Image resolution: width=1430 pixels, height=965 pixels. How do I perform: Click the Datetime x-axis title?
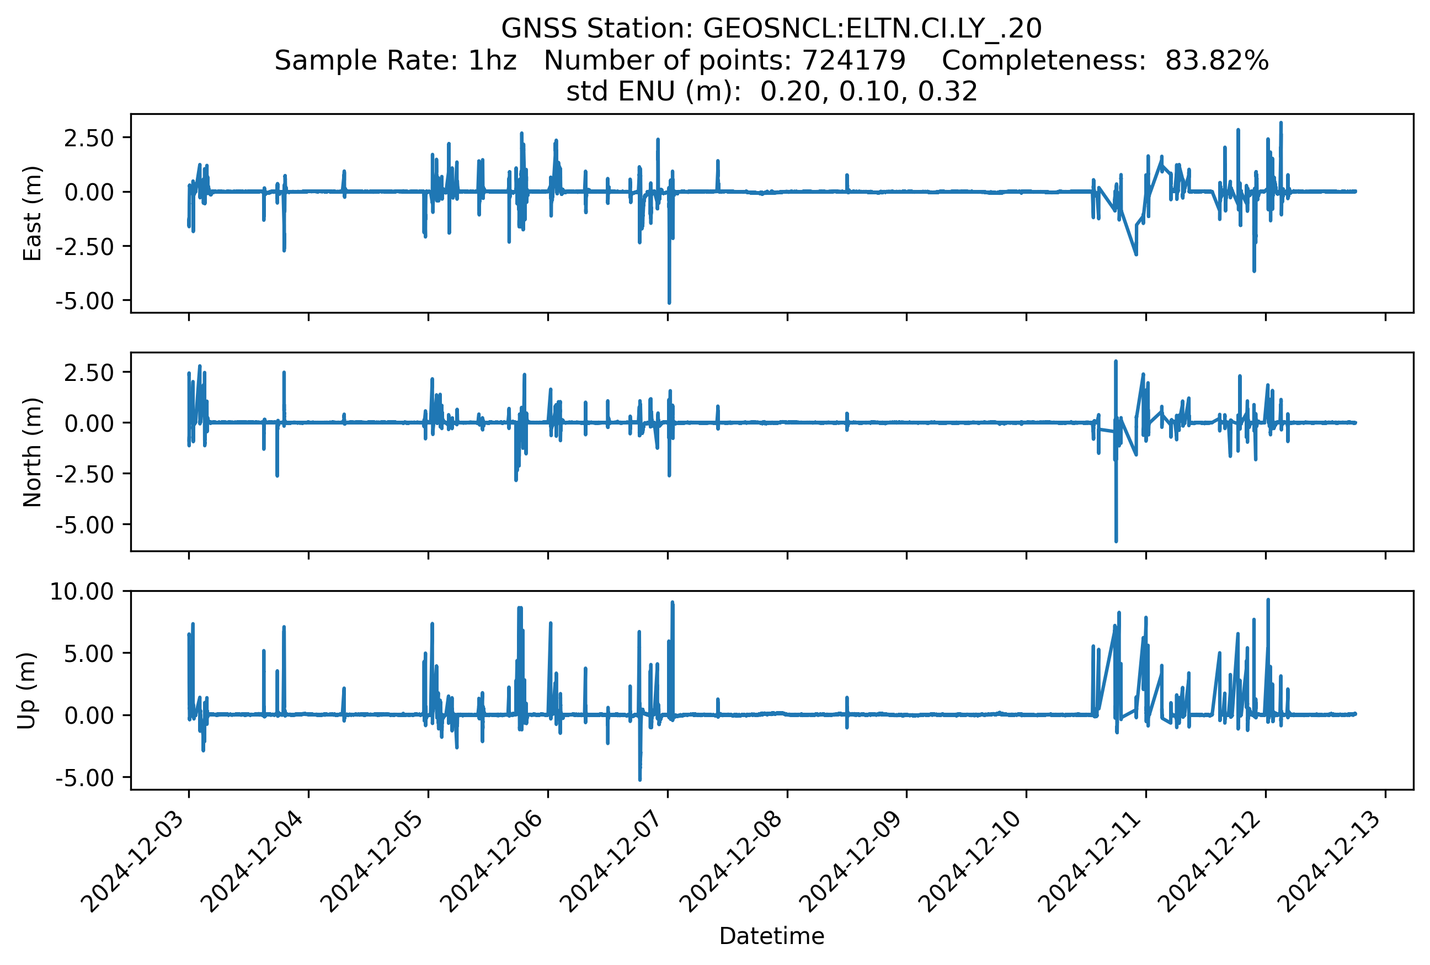pos(771,936)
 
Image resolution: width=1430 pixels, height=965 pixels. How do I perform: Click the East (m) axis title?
pos(32,213)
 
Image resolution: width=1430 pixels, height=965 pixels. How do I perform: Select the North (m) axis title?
pos(32,452)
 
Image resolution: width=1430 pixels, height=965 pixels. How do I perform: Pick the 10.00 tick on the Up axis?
pos(82,591)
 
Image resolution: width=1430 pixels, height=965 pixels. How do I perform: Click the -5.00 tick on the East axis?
pos(85,301)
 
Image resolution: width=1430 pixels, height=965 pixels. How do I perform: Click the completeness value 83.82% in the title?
pos(1216,60)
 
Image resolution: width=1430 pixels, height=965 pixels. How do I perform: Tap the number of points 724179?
pos(853,60)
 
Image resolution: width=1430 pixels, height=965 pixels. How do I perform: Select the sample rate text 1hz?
pos(492,60)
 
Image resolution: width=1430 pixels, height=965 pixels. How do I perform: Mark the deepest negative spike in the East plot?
pos(669,303)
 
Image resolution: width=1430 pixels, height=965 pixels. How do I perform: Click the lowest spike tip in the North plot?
pos(1116,541)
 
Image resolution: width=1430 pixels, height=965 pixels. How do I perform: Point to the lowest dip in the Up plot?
pos(641,780)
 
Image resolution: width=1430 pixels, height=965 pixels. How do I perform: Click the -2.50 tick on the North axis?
pos(85,474)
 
